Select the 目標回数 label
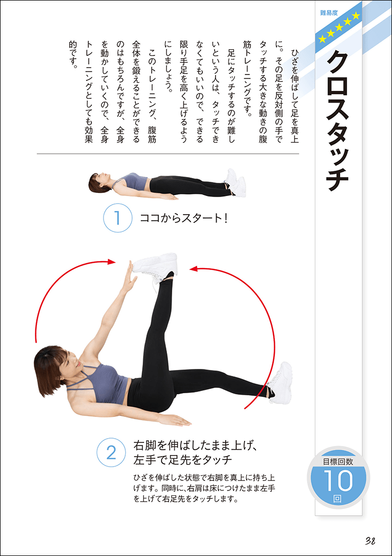click(x=338, y=460)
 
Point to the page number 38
click(x=370, y=540)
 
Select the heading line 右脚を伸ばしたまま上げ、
click(x=194, y=444)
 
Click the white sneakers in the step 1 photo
click(x=235, y=183)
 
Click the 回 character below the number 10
click(x=338, y=498)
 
